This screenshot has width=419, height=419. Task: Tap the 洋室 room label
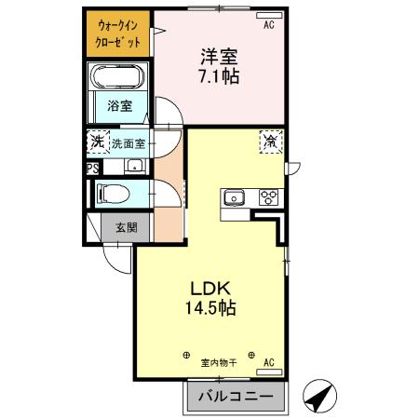coord(218,55)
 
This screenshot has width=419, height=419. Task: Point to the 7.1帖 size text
coord(218,76)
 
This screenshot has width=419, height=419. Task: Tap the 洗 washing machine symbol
coord(97,142)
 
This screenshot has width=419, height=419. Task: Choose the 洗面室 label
coord(128,144)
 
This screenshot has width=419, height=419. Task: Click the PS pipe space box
coord(92,169)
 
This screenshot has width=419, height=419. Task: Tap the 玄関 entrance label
coord(126,227)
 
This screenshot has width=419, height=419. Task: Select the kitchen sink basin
coord(233,197)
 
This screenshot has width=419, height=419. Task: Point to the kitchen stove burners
coord(268,197)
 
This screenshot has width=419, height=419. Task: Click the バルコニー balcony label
coord(234,398)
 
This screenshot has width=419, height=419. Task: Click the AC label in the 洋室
coord(268,26)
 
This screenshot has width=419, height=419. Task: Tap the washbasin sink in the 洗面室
coord(135,167)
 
